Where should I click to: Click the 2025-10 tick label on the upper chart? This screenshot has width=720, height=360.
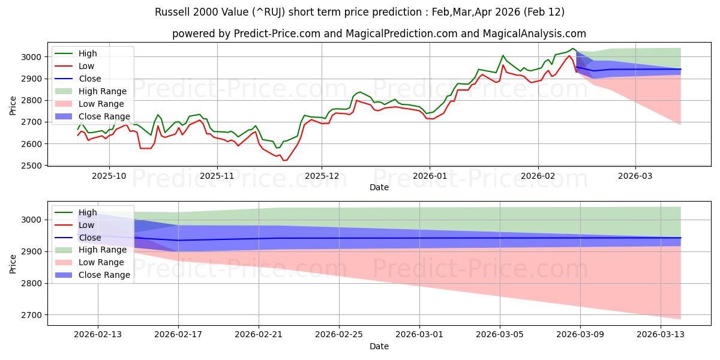(109, 176)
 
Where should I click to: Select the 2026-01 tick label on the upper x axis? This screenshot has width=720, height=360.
(429, 176)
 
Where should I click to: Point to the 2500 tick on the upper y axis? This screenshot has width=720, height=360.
(35, 166)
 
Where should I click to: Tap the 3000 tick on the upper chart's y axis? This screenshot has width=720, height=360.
(35, 57)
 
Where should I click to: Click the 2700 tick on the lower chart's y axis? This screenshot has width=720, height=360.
(35, 315)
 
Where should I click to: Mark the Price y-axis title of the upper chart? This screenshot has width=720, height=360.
(13, 106)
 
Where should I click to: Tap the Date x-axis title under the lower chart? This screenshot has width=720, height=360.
(379, 346)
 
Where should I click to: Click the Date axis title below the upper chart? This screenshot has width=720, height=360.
(379, 187)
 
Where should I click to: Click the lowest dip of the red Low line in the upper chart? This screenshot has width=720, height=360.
(285, 160)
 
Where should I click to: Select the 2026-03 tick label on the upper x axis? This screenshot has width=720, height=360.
(635, 176)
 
